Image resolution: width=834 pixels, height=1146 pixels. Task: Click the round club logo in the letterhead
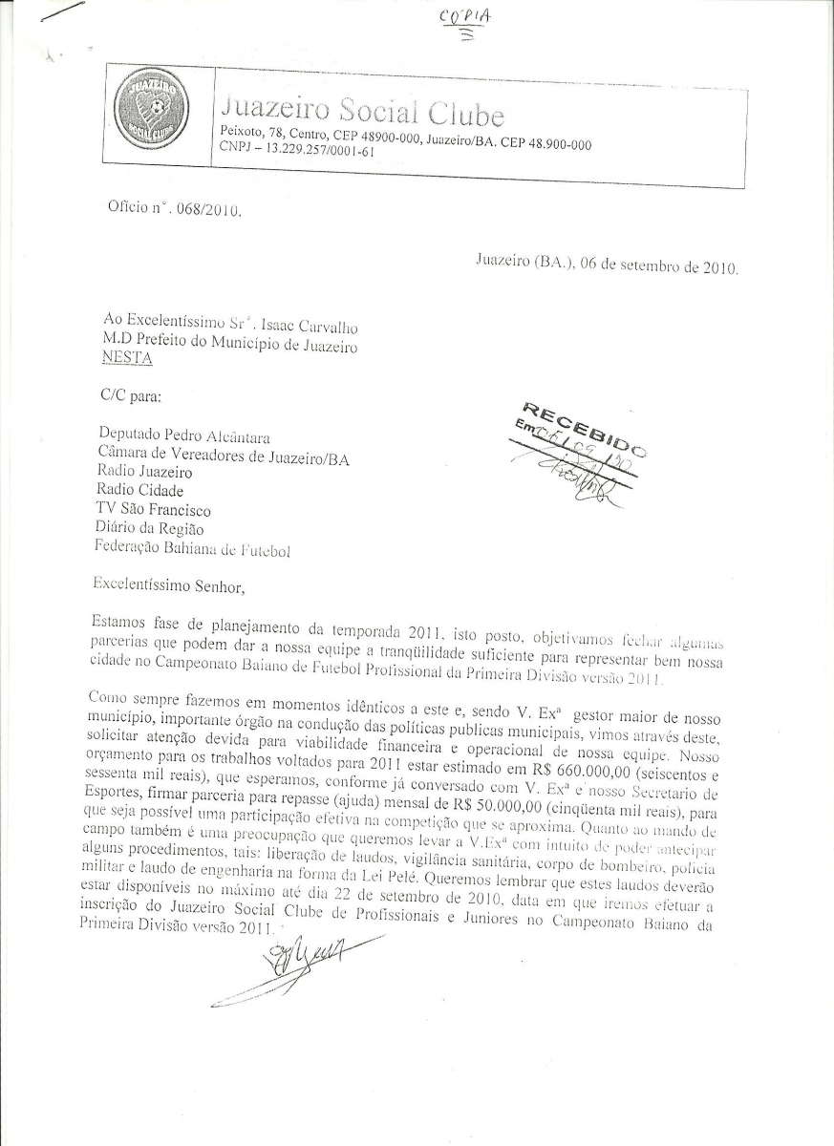[150, 110]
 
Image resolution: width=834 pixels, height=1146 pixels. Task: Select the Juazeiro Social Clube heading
[362, 112]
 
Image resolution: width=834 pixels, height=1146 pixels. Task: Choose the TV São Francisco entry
[153, 510]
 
